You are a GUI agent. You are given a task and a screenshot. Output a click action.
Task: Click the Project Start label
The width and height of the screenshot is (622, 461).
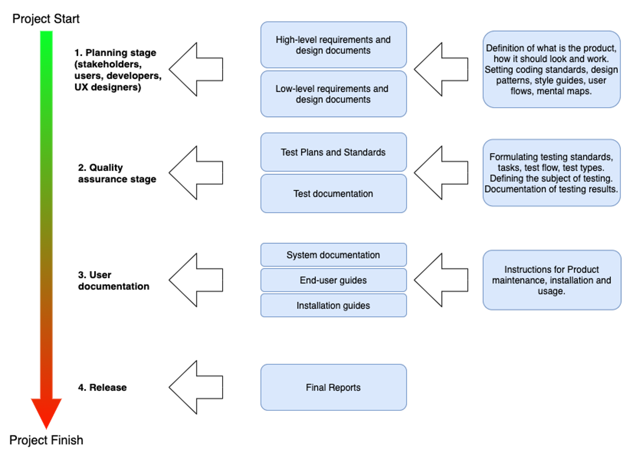[x=45, y=19]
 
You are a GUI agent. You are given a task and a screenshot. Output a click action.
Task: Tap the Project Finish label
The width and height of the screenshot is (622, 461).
[x=46, y=440]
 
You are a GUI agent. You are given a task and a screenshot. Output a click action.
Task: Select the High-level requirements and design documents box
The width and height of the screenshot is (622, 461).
[x=333, y=45]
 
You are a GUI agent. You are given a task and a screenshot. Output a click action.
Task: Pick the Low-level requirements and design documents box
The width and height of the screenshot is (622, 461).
[x=333, y=94]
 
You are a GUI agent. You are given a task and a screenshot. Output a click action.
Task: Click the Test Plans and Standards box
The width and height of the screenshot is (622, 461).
[x=333, y=152]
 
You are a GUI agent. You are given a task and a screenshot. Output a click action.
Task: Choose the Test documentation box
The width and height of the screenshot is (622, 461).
[x=333, y=193]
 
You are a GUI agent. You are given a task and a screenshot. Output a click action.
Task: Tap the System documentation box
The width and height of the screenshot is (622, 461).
[x=333, y=255]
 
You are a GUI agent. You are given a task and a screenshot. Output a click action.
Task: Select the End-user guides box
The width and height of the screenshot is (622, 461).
[x=333, y=280]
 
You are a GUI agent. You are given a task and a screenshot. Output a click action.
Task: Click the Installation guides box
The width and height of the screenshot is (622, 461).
[x=333, y=305]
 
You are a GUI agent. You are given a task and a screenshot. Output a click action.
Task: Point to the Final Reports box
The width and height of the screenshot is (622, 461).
[x=333, y=387]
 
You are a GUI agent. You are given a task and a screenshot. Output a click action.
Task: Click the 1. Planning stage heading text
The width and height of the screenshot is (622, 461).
[x=115, y=53]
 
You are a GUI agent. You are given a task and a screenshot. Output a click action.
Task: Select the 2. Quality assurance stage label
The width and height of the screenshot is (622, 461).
[x=117, y=174]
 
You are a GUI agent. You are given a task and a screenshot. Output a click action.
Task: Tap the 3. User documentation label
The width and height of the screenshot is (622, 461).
[x=113, y=281]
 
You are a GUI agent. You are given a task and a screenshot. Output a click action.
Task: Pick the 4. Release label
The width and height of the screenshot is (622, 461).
[x=102, y=388]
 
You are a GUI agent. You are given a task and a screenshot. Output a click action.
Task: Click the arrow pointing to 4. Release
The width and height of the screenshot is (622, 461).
[x=196, y=387]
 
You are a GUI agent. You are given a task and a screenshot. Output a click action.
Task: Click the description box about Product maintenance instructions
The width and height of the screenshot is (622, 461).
[x=551, y=280]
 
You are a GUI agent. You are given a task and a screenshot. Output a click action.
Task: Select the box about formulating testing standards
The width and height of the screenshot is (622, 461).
[x=551, y=172]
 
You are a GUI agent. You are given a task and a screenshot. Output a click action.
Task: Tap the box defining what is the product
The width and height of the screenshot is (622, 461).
[x=551, y=70]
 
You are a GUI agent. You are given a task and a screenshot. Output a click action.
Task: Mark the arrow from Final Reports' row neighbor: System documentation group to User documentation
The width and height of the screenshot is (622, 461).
[x=196, y=280]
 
